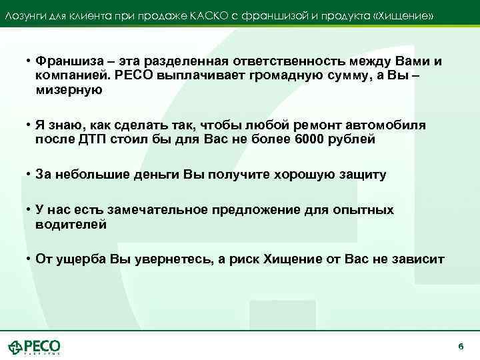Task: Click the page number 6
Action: coord(461,347)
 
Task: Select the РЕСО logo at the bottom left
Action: coord(34,347)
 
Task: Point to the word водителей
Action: coord(71,225)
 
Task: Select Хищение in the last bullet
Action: coord(291,259)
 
